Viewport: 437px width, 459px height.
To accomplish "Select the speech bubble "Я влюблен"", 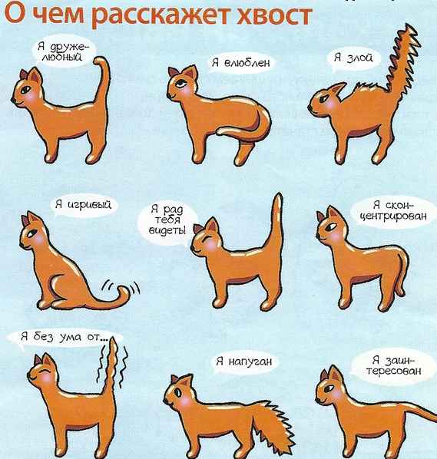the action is point(240,63).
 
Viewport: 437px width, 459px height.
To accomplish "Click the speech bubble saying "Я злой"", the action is point(353,58).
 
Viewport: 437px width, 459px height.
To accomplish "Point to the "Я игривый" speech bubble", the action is point(83,204).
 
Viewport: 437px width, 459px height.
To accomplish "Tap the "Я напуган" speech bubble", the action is point(244,362).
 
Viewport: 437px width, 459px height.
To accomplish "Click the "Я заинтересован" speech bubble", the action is point(394,365).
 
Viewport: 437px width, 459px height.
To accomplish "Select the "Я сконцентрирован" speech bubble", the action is point(394,211).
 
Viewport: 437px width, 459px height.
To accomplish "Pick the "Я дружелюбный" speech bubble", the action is point(63,51).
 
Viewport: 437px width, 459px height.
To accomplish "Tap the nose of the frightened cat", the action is point(166,401).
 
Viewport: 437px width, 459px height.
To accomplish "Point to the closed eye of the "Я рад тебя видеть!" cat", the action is point(209,238).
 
